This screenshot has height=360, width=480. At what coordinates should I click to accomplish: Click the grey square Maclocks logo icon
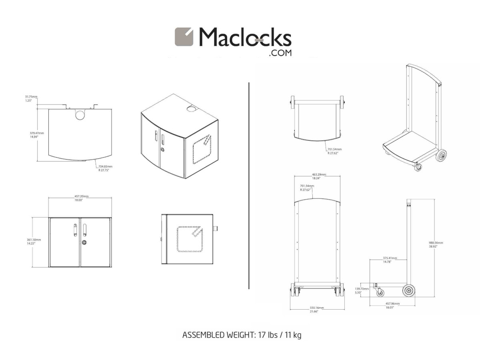point(184,37)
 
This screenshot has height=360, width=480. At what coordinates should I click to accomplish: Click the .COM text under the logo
point(280,53)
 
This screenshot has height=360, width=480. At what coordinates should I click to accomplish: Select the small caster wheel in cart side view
point(379,293)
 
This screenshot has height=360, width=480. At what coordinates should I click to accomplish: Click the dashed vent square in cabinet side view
point(190,239)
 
